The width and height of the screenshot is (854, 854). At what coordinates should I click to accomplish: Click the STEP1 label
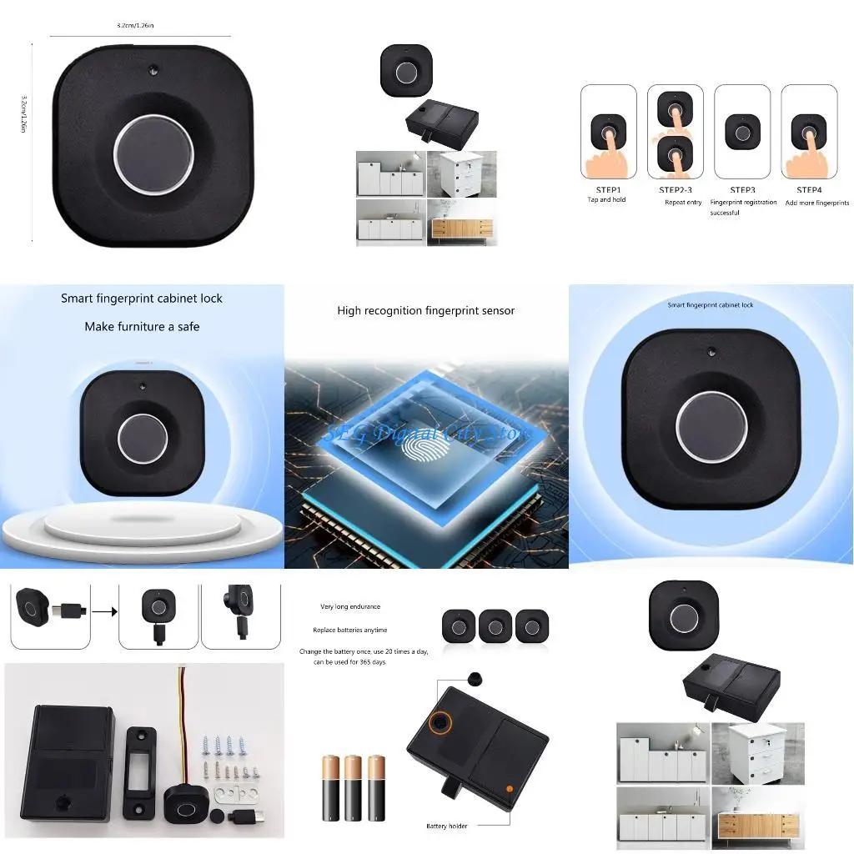(x=608, y=190)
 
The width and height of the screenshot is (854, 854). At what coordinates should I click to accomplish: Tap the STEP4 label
(x=809, y=190)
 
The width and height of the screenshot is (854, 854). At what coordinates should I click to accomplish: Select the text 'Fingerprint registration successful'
(x=743, y=207)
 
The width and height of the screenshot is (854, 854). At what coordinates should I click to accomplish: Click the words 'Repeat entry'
(x=683, y=203)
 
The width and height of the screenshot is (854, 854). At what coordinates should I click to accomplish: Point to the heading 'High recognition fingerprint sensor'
(x=425, y=311)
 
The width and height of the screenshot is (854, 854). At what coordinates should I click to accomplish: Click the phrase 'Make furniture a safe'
(x=142, y=327)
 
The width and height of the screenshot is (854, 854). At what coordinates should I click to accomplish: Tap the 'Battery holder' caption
(x=447, y=826)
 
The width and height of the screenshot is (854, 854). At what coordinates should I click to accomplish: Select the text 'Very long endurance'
(x=350, y=607)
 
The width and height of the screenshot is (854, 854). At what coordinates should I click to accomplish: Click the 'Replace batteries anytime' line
(x=350, y=630)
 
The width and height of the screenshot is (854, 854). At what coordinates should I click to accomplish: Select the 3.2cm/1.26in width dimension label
(x=135, y=27)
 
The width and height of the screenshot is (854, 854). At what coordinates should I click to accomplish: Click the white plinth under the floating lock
(x=142, y=525)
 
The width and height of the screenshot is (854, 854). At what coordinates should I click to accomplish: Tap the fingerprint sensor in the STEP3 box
(x=742, y=132)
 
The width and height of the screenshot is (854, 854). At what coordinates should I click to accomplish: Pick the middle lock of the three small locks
(x=495, y=625)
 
